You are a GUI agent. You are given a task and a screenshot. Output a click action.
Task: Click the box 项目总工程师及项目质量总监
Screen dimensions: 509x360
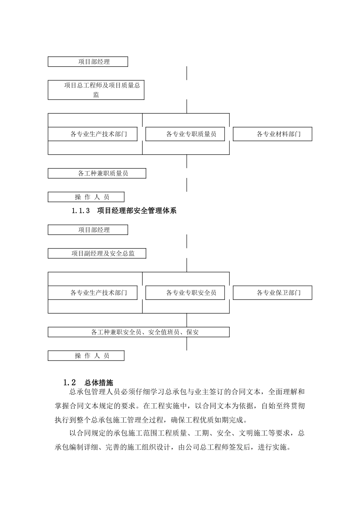(x=96, y=90)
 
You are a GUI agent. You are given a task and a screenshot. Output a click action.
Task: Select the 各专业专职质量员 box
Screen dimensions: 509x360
(x=185, y=134)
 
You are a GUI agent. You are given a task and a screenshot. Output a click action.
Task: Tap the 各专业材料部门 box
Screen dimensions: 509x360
(x=272, y=134)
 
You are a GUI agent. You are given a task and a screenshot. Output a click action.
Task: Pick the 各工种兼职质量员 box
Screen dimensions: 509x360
(x=97, y=173)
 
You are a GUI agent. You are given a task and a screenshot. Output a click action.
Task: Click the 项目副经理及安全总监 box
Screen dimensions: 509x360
(x=97, y=254)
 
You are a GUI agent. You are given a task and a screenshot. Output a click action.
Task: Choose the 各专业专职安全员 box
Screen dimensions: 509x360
(x=185, y=293)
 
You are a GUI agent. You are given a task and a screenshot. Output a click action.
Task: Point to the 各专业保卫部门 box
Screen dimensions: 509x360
(x=272, y=293)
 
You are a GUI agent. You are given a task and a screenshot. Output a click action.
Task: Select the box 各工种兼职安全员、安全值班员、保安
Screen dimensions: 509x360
(x=139, y=332)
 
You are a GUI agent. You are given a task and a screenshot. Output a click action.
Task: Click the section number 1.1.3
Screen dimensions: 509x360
(x=80, y=211)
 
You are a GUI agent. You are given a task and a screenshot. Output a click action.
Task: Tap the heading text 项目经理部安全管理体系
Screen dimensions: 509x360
(x=137, y=211)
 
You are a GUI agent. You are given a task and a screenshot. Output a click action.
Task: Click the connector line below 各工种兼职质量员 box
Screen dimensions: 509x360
(x=187, y=185)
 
